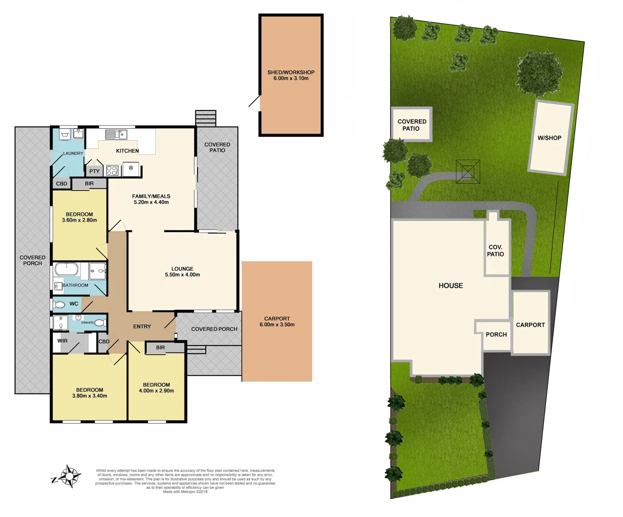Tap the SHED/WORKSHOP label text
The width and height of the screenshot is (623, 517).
point(291,73)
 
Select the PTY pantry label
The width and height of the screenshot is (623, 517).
point(94,171)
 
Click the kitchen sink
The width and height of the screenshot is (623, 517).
point(116,135)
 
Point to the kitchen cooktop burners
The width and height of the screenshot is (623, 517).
point(112,170)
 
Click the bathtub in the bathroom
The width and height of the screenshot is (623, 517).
point(66,269)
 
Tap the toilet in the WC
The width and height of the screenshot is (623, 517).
point(59,304)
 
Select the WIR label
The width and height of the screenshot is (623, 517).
point(63,341)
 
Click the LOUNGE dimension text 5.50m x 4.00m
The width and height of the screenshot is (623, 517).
point(183,275)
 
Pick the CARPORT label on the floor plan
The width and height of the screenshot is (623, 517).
point(277,318)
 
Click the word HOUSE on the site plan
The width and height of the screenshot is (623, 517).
point(451,286)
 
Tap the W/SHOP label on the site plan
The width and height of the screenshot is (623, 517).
point(549,138)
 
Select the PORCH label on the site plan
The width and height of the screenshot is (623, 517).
point(496,335)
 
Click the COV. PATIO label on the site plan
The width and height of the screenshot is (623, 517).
point(496,251)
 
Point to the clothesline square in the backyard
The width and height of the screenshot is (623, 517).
point(468,171)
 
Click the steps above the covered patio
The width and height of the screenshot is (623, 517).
point(206,118)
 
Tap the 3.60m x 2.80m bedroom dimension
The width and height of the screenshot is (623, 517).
point(80,220)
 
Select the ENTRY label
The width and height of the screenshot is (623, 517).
point(142,326)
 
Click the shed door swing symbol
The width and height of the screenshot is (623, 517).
point(254,103)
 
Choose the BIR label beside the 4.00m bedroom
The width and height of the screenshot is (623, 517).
point(161,348)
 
